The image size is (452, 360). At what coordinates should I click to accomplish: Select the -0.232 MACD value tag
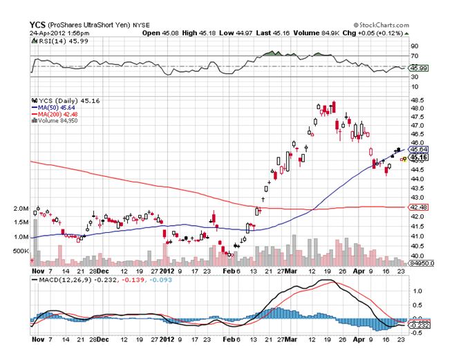(417, 325)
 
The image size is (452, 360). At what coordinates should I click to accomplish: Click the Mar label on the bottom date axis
(291, 341)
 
